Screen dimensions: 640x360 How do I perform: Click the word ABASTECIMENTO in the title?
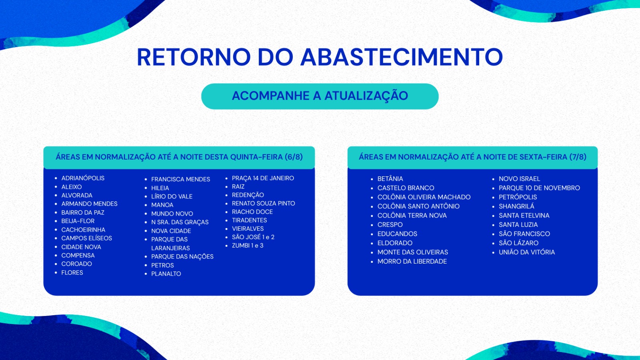402,57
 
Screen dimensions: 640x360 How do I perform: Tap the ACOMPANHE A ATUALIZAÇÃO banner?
320,96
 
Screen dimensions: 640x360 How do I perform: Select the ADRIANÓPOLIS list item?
83,178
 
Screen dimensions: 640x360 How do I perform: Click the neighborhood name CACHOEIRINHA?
83,230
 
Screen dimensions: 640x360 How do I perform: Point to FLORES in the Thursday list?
72,272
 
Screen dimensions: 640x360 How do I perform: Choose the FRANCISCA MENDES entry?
180,180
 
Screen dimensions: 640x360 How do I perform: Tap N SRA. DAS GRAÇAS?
180,222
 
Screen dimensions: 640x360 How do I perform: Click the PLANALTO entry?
166,274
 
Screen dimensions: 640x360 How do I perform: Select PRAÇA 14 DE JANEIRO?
263,178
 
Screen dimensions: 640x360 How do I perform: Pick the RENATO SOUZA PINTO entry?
264,204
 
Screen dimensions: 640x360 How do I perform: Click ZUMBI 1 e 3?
248,246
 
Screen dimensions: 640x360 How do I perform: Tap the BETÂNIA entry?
390,179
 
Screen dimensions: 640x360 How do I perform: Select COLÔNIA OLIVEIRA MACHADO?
424,197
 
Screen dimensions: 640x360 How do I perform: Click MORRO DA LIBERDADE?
412,262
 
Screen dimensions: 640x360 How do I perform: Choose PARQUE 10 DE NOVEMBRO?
540,188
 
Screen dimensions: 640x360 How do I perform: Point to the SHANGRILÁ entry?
516,206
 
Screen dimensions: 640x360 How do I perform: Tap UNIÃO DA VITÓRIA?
527,252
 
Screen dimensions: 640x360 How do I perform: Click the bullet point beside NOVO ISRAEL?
493,180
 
